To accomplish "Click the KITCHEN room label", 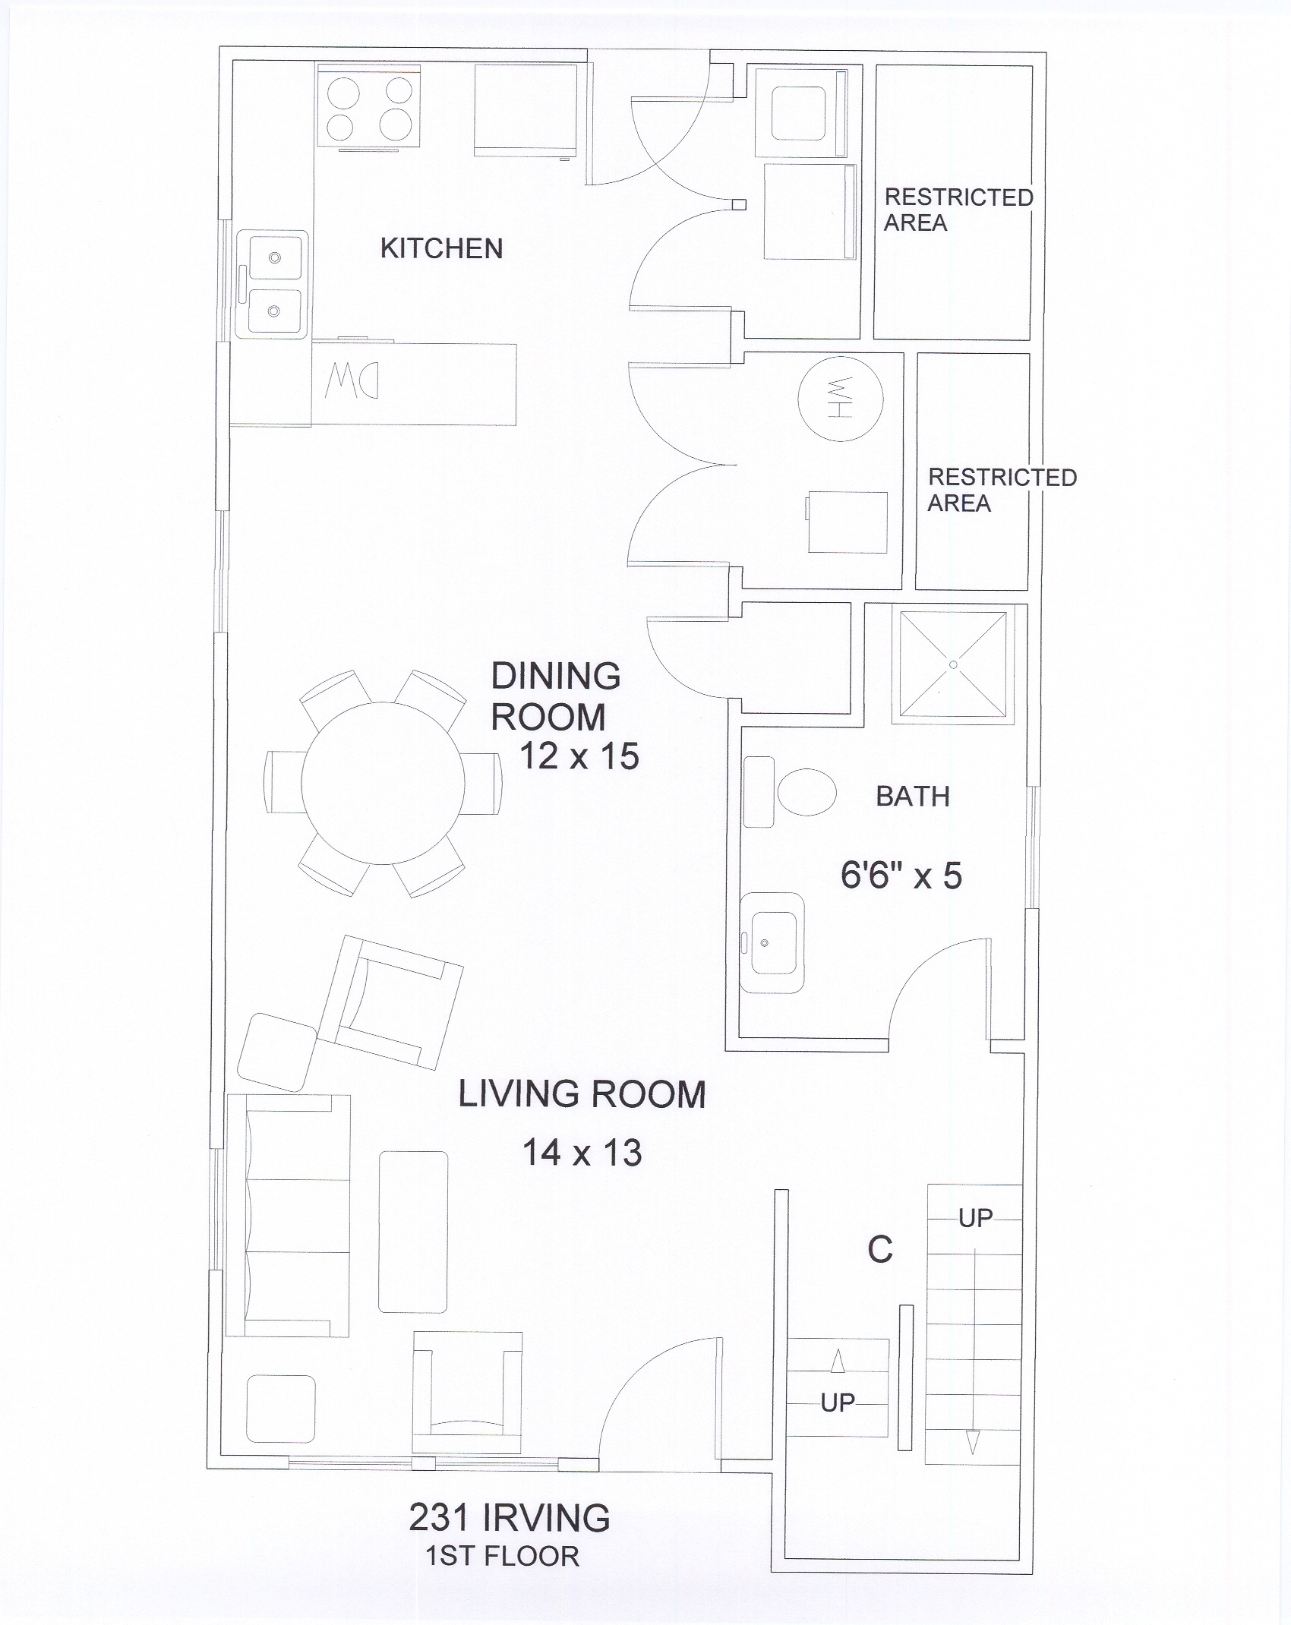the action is click(441, 248).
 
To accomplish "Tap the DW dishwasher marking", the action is click(352, 379).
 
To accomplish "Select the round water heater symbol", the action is click(841, 397).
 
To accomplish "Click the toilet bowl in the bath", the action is click(806, 792).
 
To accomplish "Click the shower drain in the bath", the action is click(953, 664).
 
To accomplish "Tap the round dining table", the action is click(383, 783).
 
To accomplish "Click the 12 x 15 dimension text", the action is click(579, 756).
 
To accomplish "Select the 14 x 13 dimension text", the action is click(582, 1153).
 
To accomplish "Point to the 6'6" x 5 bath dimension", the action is click(901, 876).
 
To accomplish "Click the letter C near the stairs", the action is click(880, 1250).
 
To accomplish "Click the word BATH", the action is click(913, 797).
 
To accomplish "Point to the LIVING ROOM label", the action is click(582, 1094).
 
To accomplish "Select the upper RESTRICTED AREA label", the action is click(958, 210).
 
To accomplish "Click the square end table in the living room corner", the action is click(281, 1409).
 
